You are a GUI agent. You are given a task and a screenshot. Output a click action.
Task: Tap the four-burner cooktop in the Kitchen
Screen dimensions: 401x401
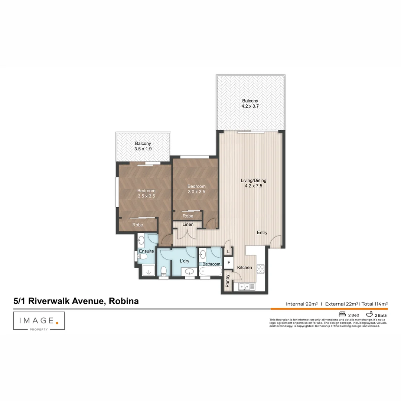(260, 268)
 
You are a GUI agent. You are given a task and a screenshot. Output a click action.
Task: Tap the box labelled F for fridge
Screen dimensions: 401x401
(229, 263)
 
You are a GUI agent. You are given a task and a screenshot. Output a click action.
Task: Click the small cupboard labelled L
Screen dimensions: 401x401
(228, 251)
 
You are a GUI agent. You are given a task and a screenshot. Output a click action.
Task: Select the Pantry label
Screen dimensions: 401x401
(228, 281)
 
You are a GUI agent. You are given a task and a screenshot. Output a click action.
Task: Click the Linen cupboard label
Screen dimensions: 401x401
(188, 225)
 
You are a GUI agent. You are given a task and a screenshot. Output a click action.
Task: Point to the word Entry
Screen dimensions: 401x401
(262, 233)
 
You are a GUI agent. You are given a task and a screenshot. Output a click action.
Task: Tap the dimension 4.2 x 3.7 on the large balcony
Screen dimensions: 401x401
(250, 106)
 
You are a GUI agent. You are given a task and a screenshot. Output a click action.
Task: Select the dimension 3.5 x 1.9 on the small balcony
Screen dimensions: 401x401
(143, 149)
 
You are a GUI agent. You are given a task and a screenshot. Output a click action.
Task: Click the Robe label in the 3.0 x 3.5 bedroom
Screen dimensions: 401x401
(188, 216)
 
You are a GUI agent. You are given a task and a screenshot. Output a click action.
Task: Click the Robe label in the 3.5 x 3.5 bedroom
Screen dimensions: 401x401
(138, 225)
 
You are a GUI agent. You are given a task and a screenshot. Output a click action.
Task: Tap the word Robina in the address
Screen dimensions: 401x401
(124, 301)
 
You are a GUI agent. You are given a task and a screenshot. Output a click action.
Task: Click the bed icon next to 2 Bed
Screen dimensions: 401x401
(342, 314)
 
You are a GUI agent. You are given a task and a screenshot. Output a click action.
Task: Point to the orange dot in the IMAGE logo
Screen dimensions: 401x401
(57, 323)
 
